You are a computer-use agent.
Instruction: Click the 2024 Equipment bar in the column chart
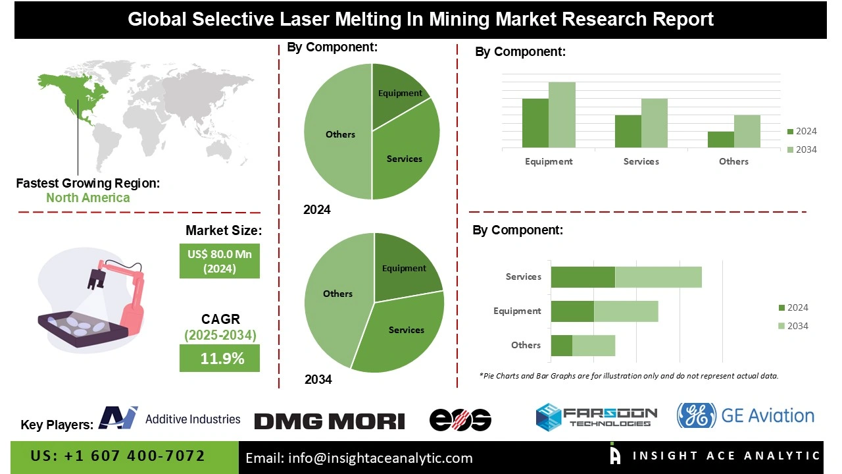[x=535, y=123]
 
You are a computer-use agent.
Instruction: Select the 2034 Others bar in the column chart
[x=747, y=131]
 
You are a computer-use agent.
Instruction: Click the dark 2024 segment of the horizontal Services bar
[x=582, y=277]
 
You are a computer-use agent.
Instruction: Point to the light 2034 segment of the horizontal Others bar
[x=593, y=346]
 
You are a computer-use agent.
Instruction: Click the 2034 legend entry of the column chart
[x=801, y=149]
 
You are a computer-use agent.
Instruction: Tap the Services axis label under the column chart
[x=641, y=161]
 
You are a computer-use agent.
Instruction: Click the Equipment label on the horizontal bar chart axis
[x=517, y=311]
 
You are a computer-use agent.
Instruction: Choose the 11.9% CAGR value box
[x=220, y=359]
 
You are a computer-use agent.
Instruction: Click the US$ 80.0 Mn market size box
[x=220, y=261]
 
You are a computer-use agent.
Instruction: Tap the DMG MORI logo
[x=329, y=421]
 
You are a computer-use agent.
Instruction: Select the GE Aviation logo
[x=745, y=416]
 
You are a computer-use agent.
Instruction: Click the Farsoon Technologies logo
[x=596, y=417]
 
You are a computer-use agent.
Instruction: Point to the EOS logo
[x=460, y=420]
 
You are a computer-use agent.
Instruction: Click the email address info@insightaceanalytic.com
[x=359, y=458]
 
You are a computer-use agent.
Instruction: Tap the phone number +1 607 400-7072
[x=118, y=456]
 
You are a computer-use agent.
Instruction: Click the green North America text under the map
[x=87, y=197]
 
